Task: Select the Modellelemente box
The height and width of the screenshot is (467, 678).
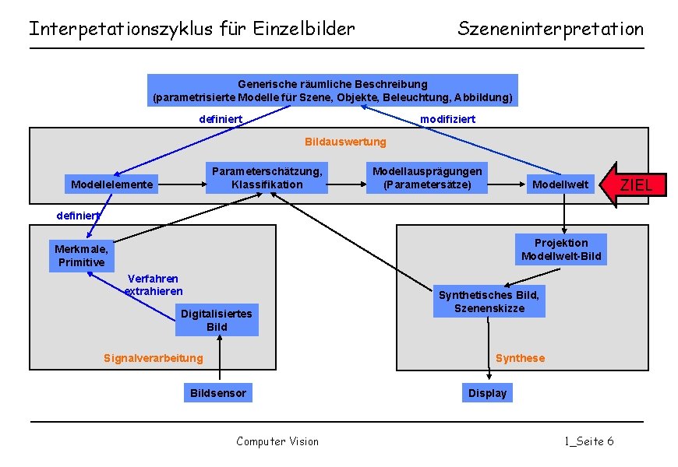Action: coord(112,184)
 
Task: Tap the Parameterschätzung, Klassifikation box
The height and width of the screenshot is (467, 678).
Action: coord(267,177)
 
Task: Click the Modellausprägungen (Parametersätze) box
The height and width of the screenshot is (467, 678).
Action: coord(427,177)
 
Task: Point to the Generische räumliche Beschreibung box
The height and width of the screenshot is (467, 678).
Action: coord(333,90)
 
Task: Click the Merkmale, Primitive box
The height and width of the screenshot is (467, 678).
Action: coord(79,255)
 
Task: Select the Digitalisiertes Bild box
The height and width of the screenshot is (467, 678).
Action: coord(217,320)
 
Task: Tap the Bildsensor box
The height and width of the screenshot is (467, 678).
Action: coord(218,393)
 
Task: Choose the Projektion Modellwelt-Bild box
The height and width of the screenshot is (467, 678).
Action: coord(561,249)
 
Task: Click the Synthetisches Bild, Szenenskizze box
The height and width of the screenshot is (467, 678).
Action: coord(489,301)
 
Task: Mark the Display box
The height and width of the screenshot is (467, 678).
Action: coord(487,393)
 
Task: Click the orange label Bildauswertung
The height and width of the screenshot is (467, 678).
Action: coord(345,142)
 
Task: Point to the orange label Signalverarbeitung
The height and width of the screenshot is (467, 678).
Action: coord(153,358)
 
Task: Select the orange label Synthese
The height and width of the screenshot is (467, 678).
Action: coord(520,358)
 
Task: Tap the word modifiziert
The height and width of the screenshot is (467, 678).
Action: coord(447,119)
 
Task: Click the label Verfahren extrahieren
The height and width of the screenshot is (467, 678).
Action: coord(154,285)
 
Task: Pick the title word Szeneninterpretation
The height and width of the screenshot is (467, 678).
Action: coord(551,30)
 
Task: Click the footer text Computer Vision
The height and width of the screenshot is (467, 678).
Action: coord(277,441)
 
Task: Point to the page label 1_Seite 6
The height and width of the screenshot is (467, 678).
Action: coord(589,441)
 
